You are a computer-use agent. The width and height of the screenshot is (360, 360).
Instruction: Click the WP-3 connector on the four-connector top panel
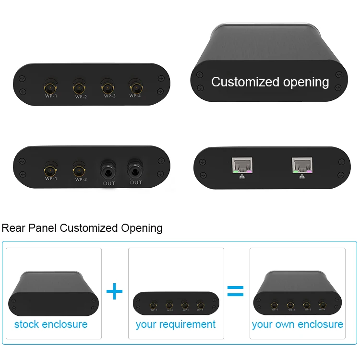108,88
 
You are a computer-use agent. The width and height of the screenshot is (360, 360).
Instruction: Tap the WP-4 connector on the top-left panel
135,88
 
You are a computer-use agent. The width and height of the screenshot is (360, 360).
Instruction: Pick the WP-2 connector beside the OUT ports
79,169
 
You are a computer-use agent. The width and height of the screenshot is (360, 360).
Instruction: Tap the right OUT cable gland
135,169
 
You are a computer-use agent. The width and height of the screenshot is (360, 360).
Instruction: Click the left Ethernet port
242,165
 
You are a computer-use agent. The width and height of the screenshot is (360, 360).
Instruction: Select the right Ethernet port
302,165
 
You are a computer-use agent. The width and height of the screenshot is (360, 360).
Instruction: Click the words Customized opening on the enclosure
270,82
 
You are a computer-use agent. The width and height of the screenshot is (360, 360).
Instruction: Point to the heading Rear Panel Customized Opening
82,228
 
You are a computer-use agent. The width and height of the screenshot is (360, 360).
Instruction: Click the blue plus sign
114,291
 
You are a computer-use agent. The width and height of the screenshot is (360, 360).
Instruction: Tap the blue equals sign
235,291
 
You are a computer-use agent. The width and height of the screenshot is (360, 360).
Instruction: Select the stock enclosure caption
51,324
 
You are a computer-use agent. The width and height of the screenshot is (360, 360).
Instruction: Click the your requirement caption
176,324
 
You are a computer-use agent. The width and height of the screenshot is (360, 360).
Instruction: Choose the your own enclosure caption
298,324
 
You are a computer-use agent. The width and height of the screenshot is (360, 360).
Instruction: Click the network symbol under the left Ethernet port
241,176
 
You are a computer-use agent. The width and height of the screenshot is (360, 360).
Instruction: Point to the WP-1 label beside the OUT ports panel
51,179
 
